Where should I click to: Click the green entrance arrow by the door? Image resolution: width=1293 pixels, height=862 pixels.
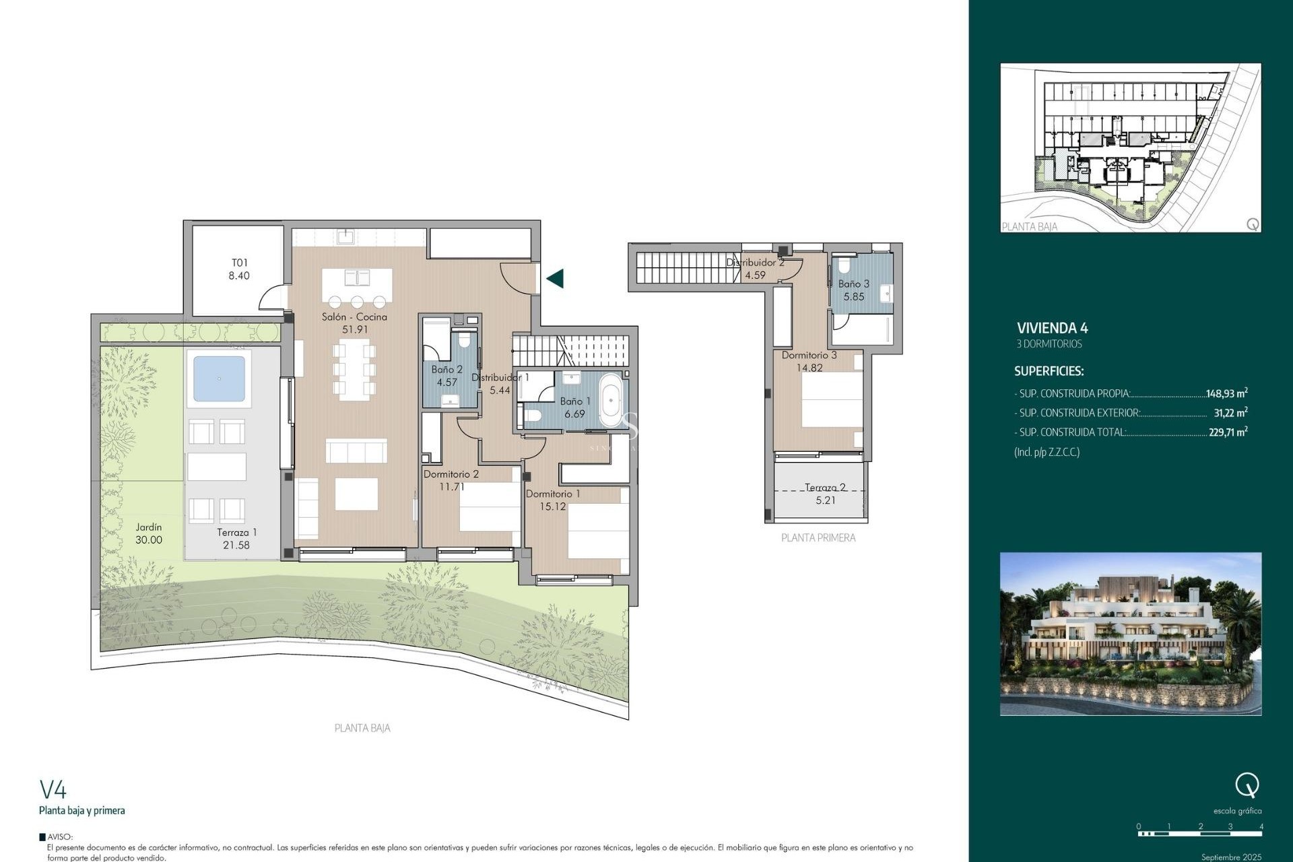coord(555,278)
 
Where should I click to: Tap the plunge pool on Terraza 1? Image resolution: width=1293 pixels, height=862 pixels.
coord(219,378)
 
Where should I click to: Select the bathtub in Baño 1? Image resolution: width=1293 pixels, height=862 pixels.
coord(611,402)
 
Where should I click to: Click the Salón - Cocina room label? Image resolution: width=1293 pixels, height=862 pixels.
coord(354,317)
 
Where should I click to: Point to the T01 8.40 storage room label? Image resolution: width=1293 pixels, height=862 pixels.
coord(239,269)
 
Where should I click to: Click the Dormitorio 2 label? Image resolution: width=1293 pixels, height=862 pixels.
coord(451,474)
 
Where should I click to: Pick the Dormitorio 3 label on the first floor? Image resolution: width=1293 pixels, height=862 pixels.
coord(809,356)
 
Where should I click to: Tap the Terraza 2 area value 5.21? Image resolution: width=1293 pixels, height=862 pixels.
coord(825,500)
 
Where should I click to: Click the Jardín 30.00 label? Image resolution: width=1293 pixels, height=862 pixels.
coord(149,533)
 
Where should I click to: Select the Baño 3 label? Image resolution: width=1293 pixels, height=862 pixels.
coord(853,284)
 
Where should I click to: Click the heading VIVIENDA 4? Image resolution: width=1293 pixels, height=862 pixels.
coord(1052,328)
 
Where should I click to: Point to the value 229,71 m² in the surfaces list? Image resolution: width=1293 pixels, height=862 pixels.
coord(1228,432)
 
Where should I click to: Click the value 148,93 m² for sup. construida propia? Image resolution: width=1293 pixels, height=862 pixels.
coord(1226,393)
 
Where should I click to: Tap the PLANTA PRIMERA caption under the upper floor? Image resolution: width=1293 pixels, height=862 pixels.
coord(818,537)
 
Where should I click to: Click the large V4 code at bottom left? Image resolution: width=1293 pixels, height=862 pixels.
coord(53,789)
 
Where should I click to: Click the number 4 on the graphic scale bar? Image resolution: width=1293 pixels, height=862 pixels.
coord(1261,826)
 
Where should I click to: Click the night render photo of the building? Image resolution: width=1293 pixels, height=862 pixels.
coord(1130,634)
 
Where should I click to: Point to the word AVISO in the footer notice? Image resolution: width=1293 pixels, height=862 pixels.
coord(60,837)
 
